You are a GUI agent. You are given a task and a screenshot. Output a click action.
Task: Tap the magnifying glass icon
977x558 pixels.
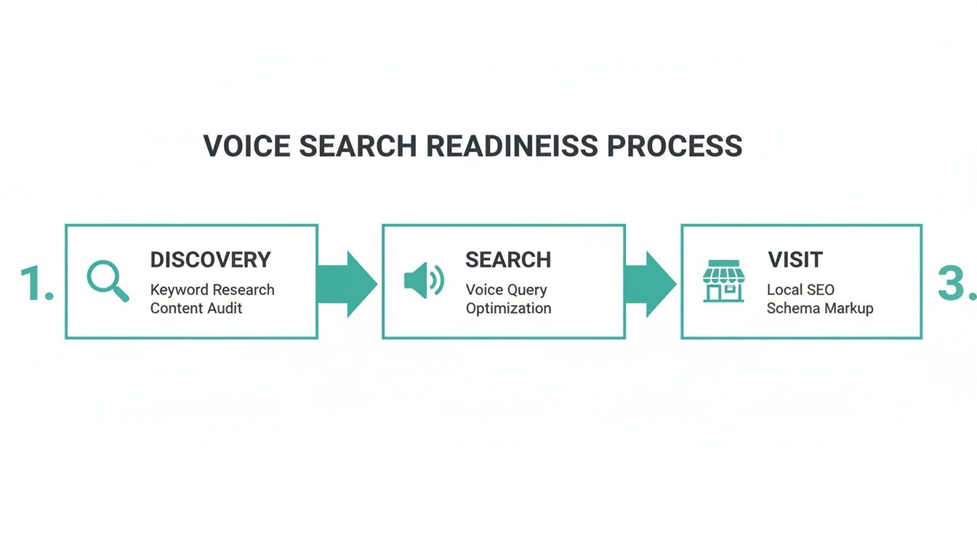108,281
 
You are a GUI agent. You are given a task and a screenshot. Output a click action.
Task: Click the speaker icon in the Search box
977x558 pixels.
423,281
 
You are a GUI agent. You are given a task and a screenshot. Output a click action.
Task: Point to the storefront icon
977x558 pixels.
723,281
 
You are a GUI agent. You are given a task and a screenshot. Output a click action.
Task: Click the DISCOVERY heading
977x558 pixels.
210,259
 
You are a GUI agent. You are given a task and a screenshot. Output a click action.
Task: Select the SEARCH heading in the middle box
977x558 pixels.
508,259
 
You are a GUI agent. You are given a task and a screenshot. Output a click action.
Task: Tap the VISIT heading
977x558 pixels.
795,259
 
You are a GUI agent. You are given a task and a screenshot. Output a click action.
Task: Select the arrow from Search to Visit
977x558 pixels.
651,283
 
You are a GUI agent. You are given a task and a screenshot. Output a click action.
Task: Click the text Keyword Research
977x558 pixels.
212,290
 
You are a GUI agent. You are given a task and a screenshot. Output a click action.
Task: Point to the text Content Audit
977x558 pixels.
196,308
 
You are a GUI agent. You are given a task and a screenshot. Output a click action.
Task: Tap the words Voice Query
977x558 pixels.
506,290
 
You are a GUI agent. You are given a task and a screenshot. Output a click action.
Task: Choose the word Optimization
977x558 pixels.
509,308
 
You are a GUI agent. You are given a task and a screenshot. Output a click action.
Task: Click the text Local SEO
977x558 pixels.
800,290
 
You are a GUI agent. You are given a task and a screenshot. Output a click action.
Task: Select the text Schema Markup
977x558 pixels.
820,308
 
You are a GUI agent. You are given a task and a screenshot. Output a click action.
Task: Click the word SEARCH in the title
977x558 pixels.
358,146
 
